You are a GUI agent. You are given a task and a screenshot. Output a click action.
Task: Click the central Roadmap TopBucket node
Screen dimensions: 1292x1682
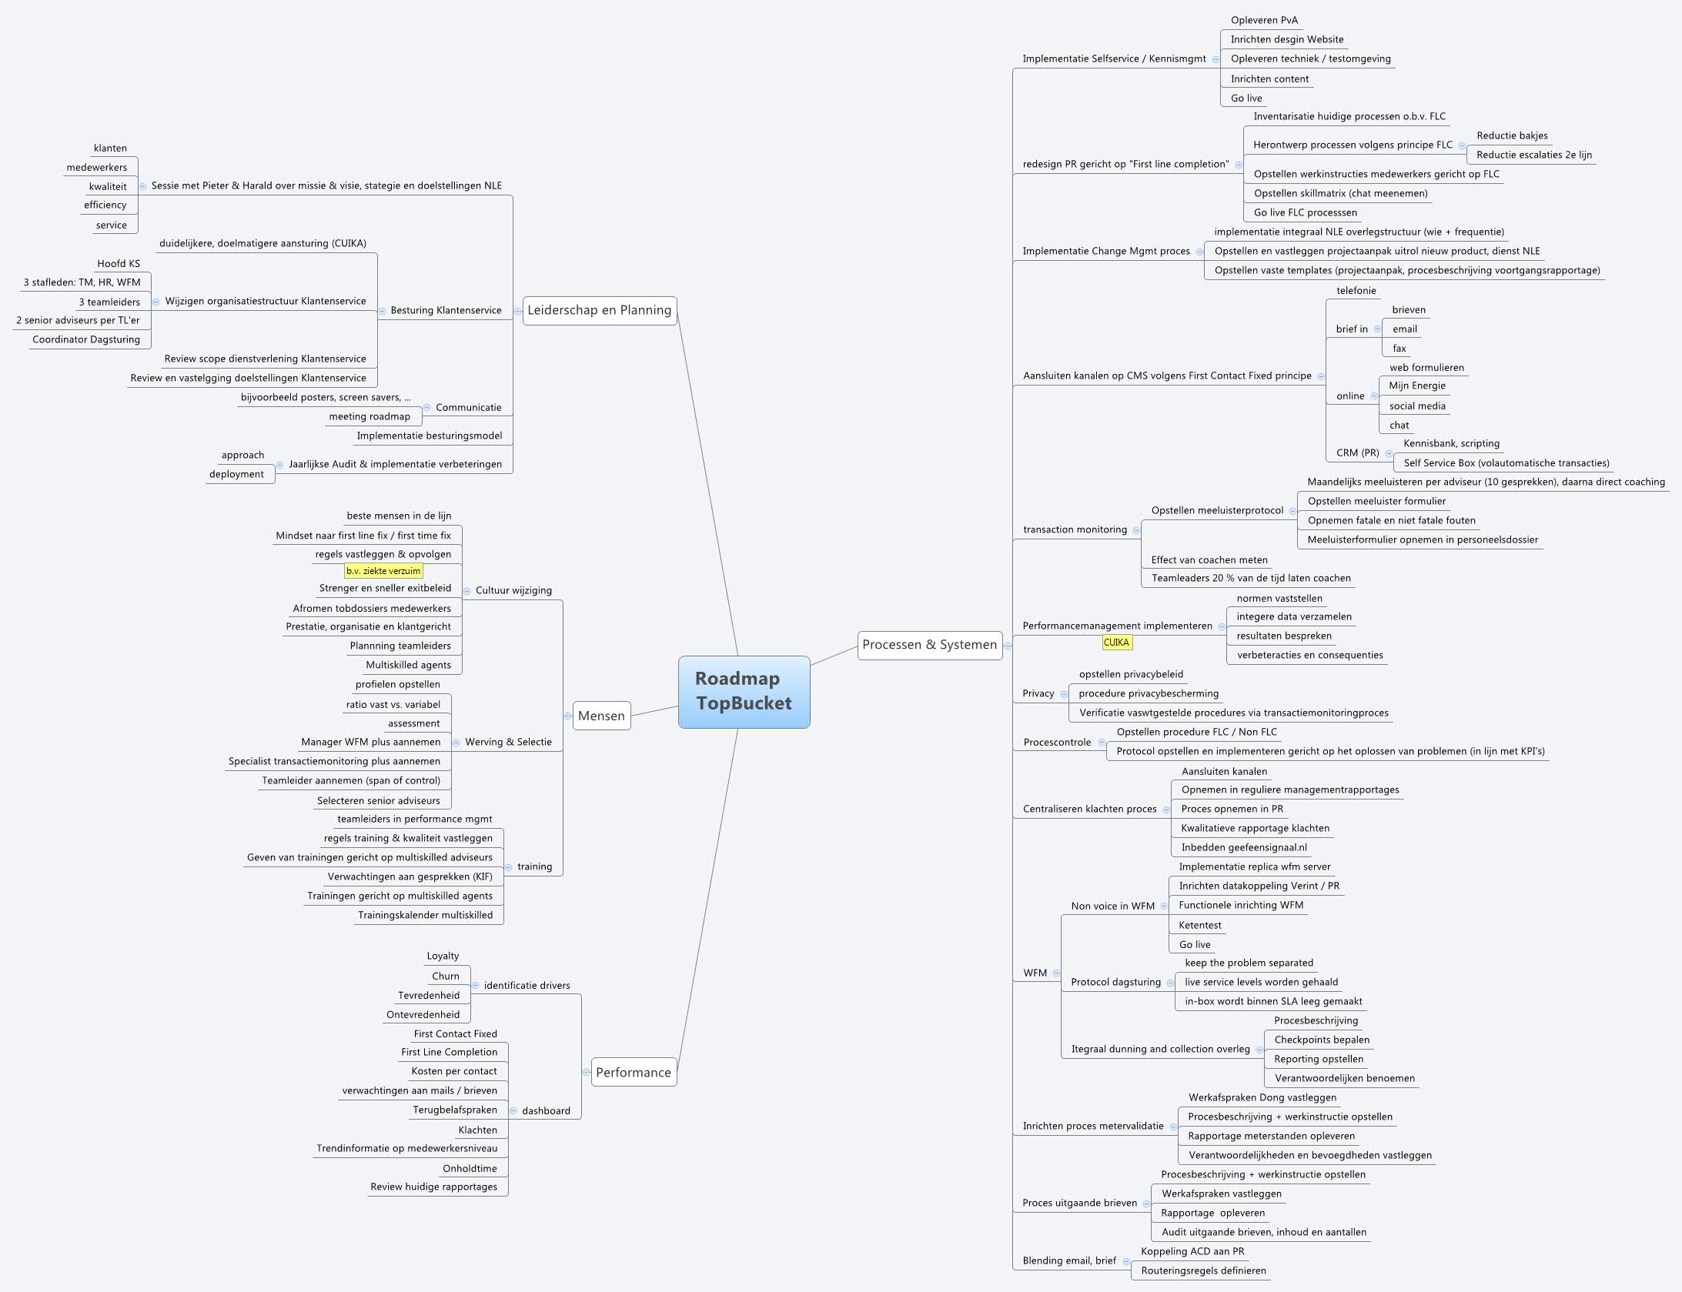click(x=744, y=691)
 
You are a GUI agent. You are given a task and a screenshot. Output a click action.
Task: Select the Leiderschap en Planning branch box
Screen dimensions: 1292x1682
click(x=599, y=310)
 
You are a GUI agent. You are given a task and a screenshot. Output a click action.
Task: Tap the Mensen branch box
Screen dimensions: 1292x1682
click(x=601, y=716)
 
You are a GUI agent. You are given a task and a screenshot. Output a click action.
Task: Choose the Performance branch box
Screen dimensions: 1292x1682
click(x=633, y=1072)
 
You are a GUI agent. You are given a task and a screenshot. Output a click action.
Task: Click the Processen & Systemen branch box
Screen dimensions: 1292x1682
click(x=929, y=645)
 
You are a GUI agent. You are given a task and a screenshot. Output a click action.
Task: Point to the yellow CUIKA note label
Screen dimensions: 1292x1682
click(x=1116, y=643)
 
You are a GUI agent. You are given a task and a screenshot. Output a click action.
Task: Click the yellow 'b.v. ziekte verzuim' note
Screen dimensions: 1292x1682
click(x=383, y=571)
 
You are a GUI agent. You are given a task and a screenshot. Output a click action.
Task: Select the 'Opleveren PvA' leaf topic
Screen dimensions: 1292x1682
click(x=1264, y=20)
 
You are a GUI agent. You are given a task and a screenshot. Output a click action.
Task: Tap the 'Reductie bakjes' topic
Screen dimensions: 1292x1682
click(x=1512, y=135)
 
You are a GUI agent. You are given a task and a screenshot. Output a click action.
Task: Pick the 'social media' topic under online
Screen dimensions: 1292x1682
click(x=1417, y=406)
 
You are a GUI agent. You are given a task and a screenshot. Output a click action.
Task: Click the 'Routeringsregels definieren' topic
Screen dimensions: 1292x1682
click(x=1203, y=1270)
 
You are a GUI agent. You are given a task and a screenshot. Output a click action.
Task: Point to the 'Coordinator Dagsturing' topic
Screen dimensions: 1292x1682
click(x=86, y=339)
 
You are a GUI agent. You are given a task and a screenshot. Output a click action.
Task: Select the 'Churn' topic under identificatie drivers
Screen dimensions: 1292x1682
click(x=446, y=976)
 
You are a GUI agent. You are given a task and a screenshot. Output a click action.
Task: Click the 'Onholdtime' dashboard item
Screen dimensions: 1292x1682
click(x=470, y=1168)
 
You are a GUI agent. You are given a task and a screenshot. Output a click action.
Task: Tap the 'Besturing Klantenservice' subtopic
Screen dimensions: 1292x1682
click(x=446, y=310)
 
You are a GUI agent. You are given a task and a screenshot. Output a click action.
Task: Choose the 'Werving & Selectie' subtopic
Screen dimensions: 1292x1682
click(x=508, y=742)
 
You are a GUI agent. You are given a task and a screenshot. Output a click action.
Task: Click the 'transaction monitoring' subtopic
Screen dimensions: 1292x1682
click(x=1075, y=529)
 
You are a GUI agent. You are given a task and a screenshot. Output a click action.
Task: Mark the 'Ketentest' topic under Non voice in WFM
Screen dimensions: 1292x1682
click(x=1200, y=925)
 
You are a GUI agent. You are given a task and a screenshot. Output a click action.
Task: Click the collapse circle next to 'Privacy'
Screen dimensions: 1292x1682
click(x=1064, y=694)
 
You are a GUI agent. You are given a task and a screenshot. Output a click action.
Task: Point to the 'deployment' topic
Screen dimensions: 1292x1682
click(x=236, y=474)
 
